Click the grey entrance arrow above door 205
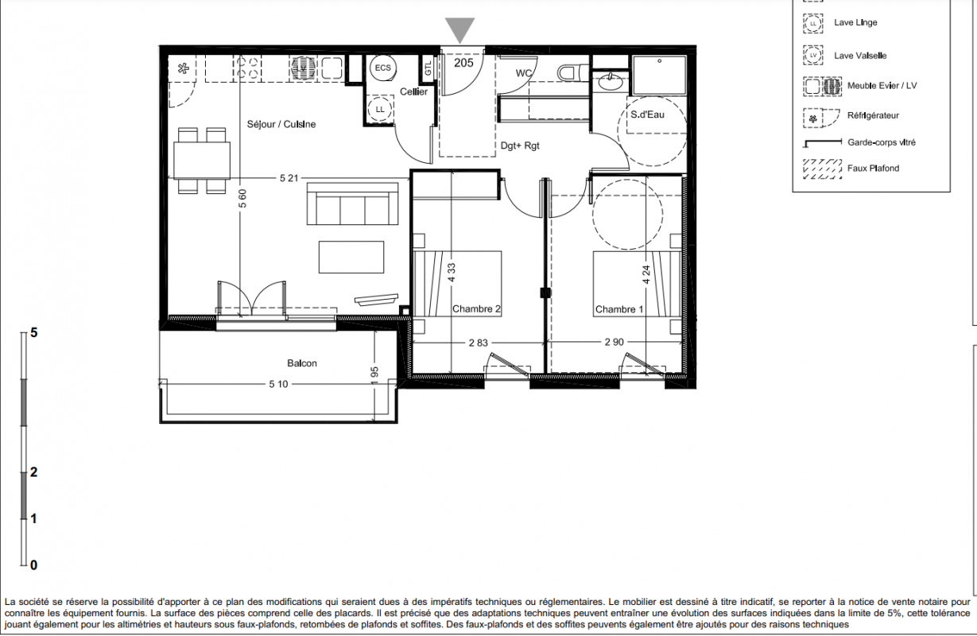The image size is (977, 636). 459,29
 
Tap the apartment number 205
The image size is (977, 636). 463,63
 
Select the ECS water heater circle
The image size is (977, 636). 383,68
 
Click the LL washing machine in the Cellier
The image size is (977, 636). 379,109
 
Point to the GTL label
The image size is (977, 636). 428,68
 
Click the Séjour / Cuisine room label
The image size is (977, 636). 281,124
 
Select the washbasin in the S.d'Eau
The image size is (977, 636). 611,81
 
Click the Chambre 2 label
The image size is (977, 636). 476,308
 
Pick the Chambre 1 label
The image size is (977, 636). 619,309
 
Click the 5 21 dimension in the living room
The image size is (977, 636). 289,178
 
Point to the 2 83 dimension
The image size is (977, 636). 478,343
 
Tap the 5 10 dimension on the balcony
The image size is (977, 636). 278,384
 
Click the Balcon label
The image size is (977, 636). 302,363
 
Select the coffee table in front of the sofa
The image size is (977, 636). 351,258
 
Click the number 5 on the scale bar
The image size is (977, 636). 34,333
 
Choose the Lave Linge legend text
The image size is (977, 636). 855,23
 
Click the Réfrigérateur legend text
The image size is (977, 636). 873,115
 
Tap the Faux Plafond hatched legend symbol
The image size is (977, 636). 822,169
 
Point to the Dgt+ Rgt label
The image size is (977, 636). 520,145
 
